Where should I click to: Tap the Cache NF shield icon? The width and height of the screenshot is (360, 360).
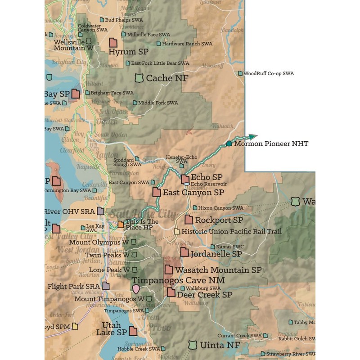139,78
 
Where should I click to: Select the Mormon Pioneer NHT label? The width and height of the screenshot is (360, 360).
271,144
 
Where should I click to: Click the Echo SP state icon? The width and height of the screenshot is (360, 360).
185,179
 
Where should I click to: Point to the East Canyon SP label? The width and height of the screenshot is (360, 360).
193,192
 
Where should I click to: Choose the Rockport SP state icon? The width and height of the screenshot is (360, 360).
188,220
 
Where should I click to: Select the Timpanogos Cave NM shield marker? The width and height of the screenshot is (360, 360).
136,288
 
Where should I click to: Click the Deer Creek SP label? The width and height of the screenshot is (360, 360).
205,295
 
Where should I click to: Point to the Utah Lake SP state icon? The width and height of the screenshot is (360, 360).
133,331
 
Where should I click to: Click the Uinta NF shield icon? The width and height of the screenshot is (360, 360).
193,345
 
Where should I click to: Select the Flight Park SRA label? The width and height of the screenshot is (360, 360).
73,286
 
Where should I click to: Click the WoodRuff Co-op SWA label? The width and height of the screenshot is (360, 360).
269,73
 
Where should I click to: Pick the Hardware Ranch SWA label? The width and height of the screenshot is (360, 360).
187,44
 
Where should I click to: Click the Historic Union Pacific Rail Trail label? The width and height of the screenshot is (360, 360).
231,231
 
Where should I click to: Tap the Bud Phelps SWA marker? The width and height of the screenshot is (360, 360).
102,20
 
